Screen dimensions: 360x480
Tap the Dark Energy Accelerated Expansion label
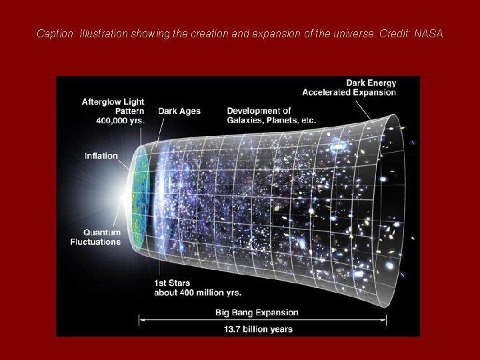point(349,87)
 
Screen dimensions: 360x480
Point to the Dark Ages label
point(179,111)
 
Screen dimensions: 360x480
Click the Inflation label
point(101,156)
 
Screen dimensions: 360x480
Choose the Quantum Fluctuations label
point(95,237)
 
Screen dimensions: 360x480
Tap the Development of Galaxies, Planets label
point(271,115)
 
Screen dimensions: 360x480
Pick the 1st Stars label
point(173,283)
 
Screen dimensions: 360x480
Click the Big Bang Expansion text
point(257,312)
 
